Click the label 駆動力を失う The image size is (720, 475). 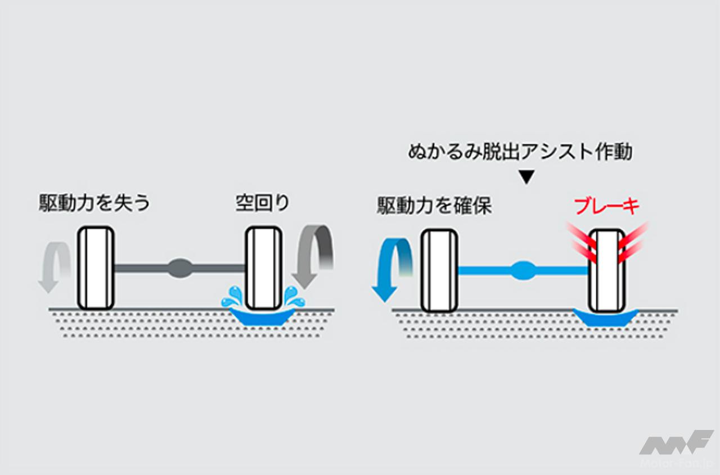[x=95, y=203]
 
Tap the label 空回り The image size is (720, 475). [x=262, y=203]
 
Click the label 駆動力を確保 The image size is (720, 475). [x=434, y=206]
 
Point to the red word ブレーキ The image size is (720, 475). [x=607, y=207]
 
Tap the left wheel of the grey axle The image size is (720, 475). [x=96, y=268]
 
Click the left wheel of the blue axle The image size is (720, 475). [x=439, y=270]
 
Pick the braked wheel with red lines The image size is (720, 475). [x=606, y=270]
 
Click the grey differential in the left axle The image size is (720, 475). [x=180, y=268]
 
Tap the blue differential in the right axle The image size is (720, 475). [x=523, y=270]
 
